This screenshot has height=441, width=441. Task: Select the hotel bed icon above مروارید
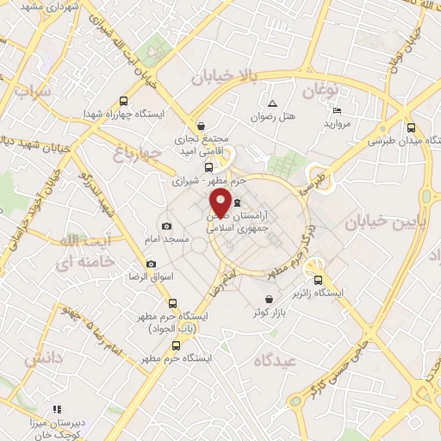tap(337, 111)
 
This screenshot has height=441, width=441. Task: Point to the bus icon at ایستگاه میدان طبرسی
tap(411, 125)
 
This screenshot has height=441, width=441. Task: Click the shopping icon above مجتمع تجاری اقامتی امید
tap(201, 125)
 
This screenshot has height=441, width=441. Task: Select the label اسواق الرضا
tap(152, 279)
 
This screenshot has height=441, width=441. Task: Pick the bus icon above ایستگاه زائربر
tap(318, 280)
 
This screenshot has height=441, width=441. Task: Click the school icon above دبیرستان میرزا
tap(57, 409)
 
